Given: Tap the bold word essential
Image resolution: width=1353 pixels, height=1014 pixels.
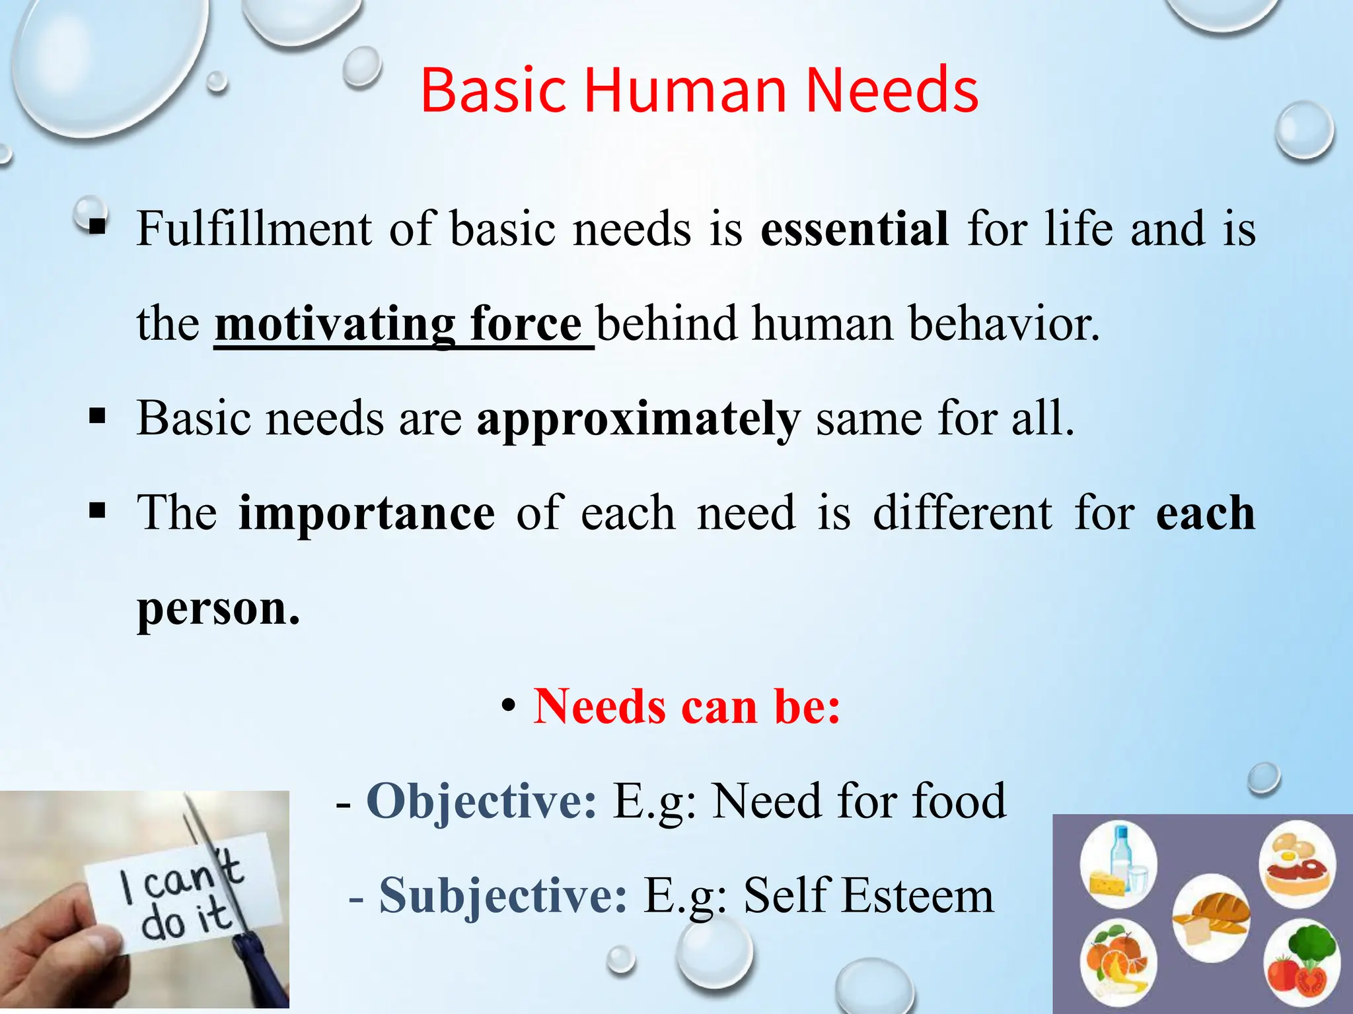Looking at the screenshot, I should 854,229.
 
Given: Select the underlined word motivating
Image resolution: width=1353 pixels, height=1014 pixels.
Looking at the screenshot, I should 334,324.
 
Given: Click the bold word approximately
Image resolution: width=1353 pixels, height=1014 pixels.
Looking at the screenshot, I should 638,419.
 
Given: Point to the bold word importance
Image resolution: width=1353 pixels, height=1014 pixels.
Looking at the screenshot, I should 366,514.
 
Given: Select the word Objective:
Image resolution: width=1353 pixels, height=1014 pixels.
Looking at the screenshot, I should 482,801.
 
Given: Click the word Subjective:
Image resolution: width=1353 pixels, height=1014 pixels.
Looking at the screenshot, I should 503,896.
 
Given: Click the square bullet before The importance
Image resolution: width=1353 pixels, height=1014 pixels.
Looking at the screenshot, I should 97,510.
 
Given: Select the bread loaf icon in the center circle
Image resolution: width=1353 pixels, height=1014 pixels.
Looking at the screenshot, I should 1213,918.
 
